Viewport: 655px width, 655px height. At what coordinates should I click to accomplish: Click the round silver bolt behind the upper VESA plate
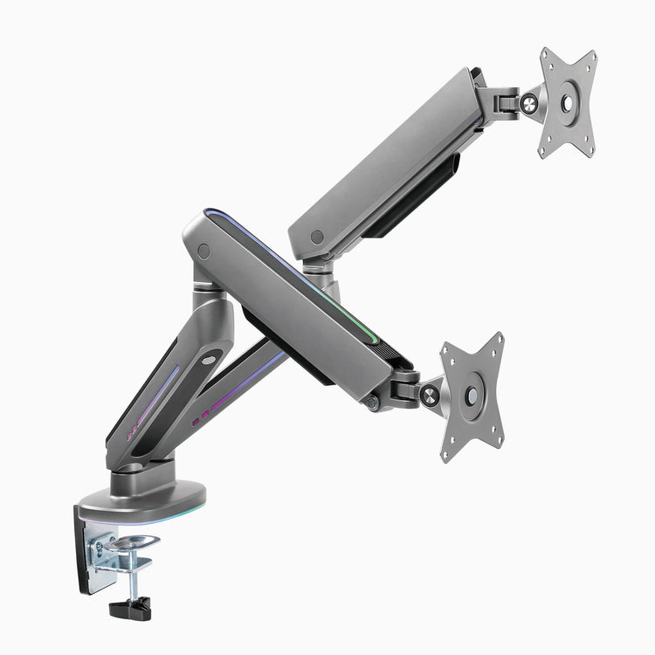click(528, 103)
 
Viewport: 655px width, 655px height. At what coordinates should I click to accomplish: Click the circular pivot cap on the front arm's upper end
click(203, 251)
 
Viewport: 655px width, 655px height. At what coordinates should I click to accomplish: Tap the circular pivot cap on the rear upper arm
click(316, 236)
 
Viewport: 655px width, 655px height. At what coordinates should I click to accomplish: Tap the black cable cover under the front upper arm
click(288, 349)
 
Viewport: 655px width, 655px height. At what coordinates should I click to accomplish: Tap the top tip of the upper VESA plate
click(544, 52)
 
